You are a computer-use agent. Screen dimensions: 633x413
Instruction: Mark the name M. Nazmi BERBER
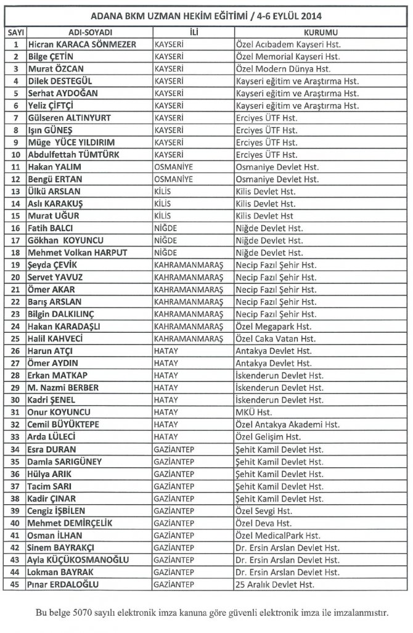63,388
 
